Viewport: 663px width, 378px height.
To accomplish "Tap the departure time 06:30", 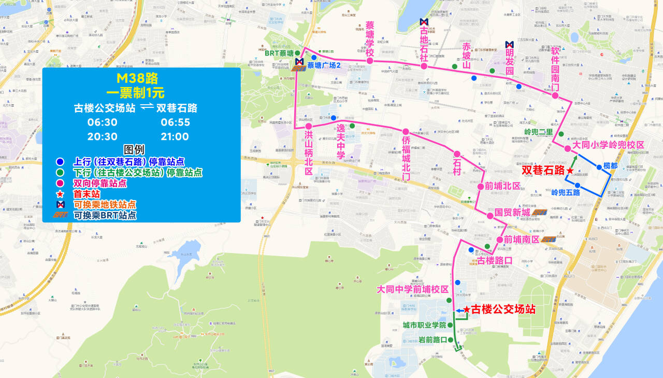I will click(x=103, y=123).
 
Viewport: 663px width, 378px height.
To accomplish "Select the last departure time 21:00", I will click(x=175, y=137).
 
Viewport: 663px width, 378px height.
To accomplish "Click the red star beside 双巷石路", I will click(x=570, y=171).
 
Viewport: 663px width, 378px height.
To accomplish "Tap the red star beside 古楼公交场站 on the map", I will click(x=466, y=310).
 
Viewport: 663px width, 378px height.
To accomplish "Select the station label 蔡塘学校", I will click(x=370, y=40).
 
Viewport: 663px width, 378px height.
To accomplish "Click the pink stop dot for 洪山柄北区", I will click(x=308, y=127).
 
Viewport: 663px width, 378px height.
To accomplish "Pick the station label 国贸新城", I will click(x=512, y=213).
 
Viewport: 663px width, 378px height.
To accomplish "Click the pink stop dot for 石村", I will click(x=457, y=154).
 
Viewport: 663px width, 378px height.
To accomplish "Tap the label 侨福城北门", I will click(x=406, y=158).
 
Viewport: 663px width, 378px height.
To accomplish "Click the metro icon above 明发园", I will click(x=509, y=44).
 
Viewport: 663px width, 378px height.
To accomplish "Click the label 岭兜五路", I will click(x=565, y=192).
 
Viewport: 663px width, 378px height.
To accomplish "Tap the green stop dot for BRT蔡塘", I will click(x=297, y=53).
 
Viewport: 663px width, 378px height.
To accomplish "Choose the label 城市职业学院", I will click(x=424, y=325).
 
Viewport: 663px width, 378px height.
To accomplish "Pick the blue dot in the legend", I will click(x=60, y=161).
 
